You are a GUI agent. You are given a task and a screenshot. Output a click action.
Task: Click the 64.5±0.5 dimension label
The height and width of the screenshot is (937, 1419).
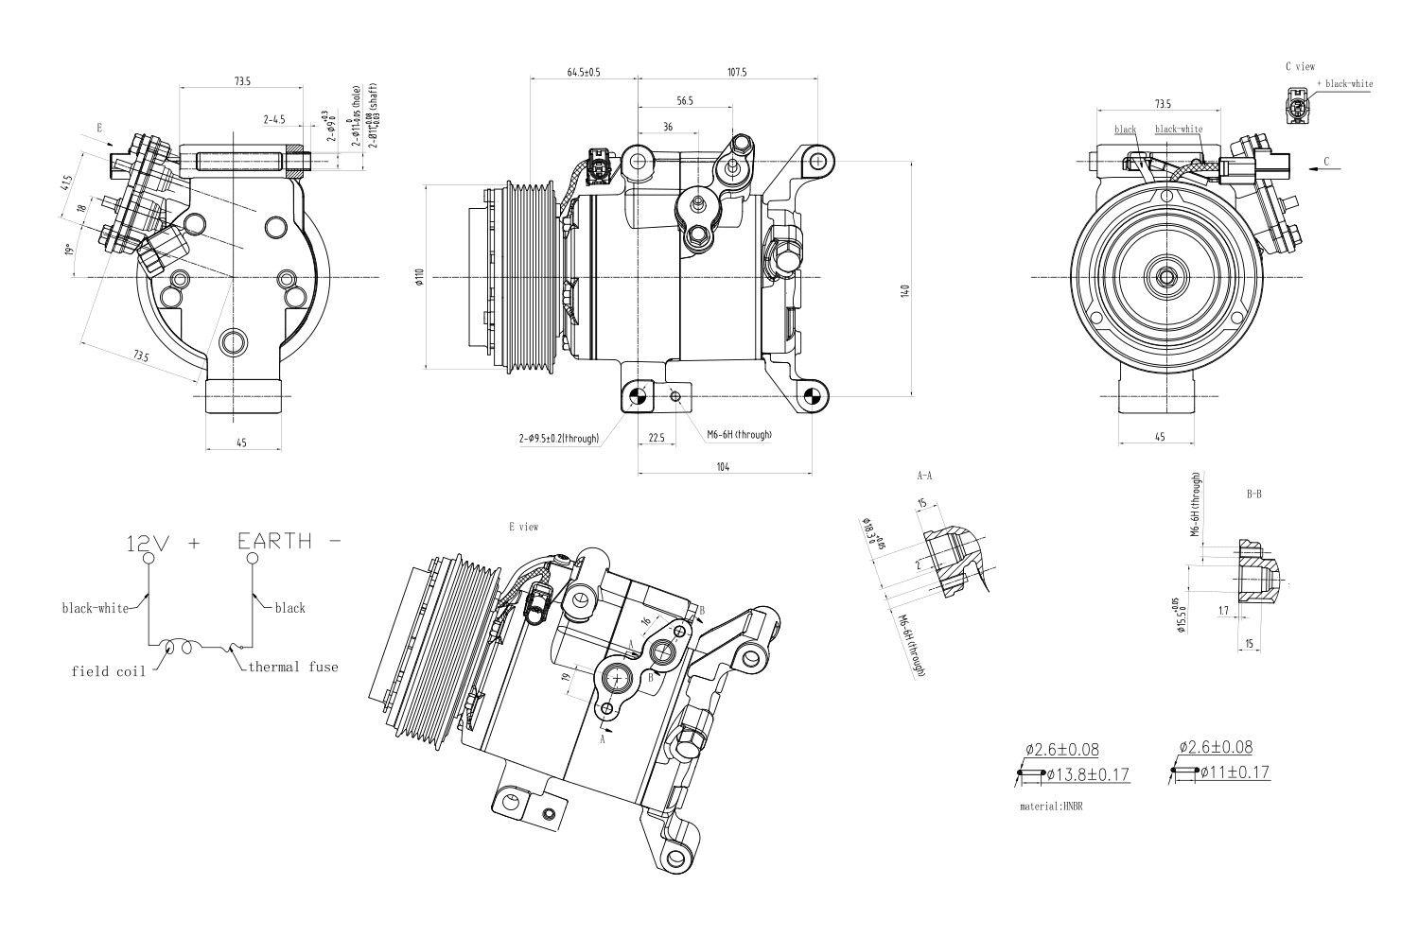584,72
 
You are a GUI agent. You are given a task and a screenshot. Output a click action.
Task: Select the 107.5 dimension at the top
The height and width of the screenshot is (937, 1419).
737,72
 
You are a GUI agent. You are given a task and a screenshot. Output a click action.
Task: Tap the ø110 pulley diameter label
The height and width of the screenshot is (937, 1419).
417,276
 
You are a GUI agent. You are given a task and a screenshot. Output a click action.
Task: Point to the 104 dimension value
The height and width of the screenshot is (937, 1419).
724,466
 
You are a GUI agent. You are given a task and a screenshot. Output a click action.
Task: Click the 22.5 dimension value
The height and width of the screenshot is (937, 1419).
656,437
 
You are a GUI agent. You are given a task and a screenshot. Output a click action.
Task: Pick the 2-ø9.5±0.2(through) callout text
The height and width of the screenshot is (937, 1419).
558,439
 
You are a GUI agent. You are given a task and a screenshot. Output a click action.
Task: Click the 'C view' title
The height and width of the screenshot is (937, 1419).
1300,67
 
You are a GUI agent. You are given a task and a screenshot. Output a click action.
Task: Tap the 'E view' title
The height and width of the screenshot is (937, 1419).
523,527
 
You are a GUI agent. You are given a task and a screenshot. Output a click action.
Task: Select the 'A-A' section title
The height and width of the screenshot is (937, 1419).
924,476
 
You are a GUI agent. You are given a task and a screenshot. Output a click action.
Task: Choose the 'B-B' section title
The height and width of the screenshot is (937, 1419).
1253,494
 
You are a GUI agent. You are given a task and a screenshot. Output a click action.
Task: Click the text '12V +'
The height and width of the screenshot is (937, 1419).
164,544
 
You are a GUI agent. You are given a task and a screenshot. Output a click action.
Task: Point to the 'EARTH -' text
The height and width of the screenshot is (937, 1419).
288,542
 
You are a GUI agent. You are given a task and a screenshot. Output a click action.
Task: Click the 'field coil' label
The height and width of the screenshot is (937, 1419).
109,671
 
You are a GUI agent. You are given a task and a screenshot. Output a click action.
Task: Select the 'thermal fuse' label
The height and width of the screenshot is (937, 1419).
292,667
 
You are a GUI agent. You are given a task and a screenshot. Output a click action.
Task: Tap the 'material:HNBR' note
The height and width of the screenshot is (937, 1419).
1050,807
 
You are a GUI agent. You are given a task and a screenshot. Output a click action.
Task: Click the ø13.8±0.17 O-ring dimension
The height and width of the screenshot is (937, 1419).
1088,775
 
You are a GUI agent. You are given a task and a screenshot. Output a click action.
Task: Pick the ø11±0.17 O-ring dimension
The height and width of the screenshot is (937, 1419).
1235,772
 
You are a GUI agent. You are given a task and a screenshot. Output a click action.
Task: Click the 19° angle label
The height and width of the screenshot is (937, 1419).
69,251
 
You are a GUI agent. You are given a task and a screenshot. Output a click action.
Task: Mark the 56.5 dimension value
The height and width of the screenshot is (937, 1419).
685,100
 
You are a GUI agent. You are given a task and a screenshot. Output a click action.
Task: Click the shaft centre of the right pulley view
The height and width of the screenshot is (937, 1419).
1165,277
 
